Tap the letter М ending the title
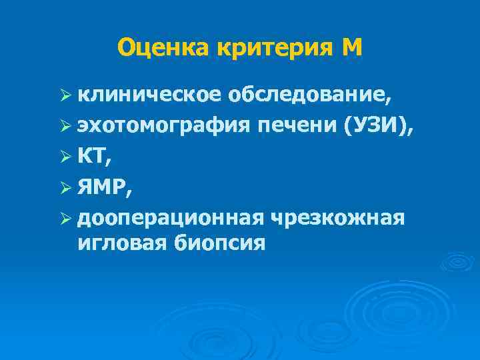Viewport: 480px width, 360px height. tap(351, 47)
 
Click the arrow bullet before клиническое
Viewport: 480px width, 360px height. tap(65, 97)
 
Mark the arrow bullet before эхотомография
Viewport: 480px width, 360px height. tap(65, 128)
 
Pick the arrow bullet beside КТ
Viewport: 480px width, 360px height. tap(65, 158)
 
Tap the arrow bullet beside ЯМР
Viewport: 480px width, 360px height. tap(65, 188)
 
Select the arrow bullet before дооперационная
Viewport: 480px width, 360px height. tap(65, 218)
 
